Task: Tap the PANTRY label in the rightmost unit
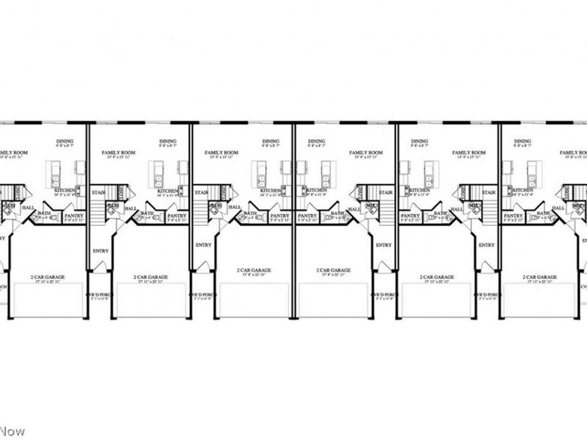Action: coord(514,216)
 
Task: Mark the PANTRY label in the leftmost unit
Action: coord(73,216)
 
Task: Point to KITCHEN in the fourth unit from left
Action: coord(317,191)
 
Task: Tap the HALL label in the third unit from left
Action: coord(235,208)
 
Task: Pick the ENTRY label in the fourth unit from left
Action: coord(384,245)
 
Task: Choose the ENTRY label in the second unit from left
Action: coord(101,251)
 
